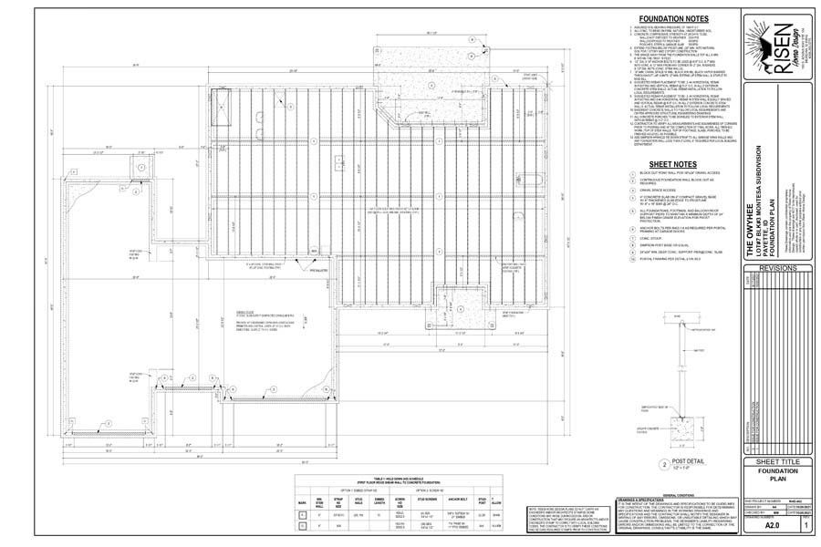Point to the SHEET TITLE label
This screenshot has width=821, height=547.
pyautogui.click(x=776, y=462)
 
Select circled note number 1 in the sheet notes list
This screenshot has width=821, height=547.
pyautogui.click(x=632, y=173)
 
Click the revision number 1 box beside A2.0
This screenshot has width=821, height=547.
pyautogui.click(x=805, y=525)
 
